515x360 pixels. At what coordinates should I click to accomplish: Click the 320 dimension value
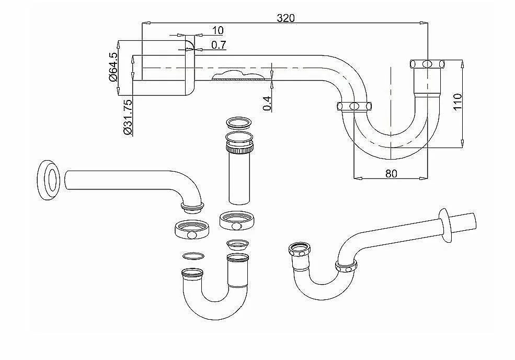[x=286, y=17]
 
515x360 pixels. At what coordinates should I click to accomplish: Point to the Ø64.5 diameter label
[x=112, y=67]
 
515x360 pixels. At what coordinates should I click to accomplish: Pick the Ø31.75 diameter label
[x=127, y=117]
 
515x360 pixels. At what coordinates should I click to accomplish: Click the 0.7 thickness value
[x=219, y=45]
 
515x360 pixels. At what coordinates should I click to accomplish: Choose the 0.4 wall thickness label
[x=266, y=103]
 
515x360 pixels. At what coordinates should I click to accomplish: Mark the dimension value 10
[x=218, y=31]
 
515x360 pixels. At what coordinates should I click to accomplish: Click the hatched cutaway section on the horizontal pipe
[x=235, y=76]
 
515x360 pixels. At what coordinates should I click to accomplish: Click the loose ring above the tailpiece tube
[x=239, y=124]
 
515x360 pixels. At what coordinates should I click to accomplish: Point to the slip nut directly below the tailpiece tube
[x=237, y=221]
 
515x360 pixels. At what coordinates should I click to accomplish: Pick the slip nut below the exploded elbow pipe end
[x=191, y=229]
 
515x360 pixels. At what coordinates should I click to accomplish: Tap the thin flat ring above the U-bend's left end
[x=193, y=256]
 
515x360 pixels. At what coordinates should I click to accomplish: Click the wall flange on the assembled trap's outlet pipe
[x=446, y=224]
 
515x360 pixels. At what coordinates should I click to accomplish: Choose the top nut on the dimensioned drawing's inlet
[x=427, y=64]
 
